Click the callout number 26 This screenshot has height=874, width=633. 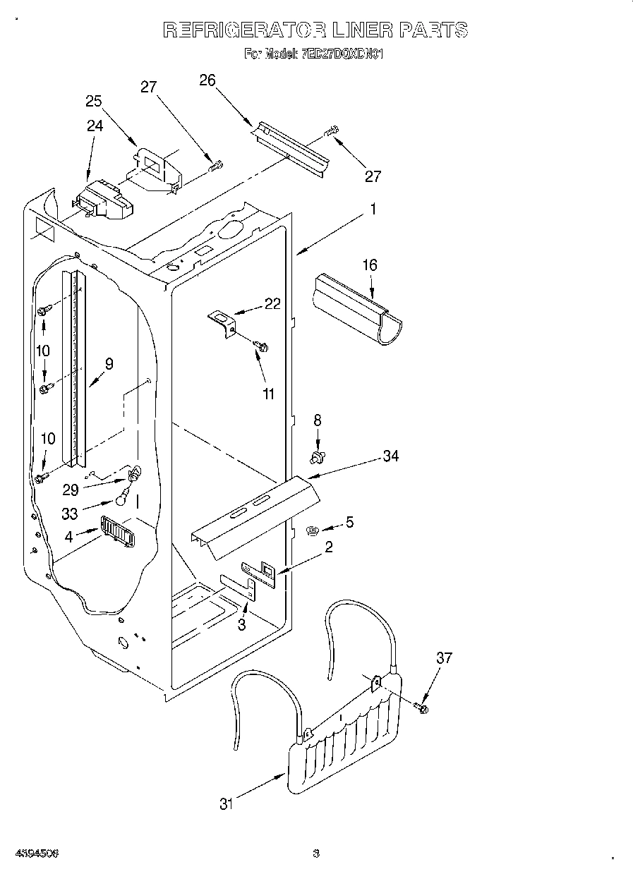pos(207,80)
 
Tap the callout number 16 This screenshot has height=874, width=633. pos(370,265)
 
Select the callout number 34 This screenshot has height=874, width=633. pos(390,456)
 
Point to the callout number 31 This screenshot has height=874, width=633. pos(226,803)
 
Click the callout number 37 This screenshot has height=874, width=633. pos(443,659)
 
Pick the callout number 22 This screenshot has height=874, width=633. pos(272,304)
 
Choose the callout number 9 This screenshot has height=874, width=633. pos(109,364)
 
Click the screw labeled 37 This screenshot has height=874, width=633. pos(422,706)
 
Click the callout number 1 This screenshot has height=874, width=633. pos(373,210)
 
